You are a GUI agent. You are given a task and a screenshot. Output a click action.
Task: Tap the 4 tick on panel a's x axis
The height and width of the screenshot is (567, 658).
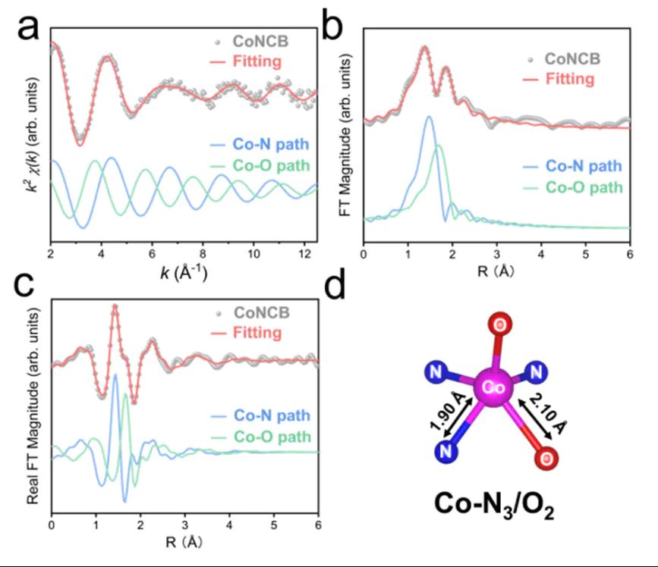(x=102, y=255)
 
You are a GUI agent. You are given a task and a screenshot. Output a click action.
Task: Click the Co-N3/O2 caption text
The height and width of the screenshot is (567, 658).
(x=494, y=504)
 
